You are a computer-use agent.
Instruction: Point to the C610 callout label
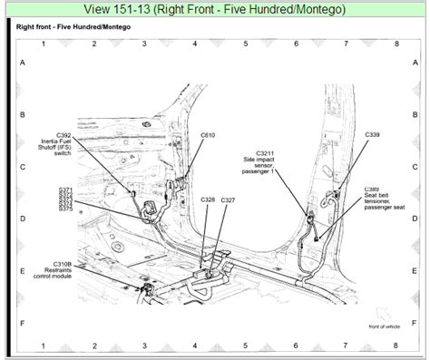[208, 133]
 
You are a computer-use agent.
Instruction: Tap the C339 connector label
[373, 133]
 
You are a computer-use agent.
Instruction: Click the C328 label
[208, 199]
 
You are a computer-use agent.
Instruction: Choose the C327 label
[228, 199]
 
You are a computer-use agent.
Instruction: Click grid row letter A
[21, 64]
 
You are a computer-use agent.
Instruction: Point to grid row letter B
[21, 115]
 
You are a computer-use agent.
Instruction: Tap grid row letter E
[21, 271]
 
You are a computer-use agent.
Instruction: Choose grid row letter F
[21, 322]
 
